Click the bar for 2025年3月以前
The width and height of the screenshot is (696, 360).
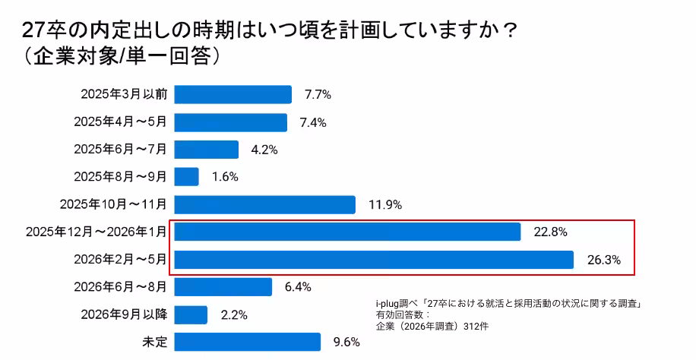tap(233, 94)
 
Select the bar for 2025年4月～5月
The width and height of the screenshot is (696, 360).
tap(231, 122)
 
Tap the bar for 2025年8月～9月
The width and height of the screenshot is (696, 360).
tap(187, 177)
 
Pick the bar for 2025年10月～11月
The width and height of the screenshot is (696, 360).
tap(265, 204)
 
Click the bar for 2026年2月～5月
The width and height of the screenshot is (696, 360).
tap(374, 260)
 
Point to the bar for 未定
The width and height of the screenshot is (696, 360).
tap(248, 342)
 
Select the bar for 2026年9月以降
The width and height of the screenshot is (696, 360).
tap(191, 314)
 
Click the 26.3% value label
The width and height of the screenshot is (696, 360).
tap(604, 260)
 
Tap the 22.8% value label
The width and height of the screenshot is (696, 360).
tap(550, 232)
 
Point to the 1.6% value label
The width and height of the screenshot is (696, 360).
tap(225, 177)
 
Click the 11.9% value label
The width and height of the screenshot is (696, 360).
tap(384, 204)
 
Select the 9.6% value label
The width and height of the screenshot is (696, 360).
tap(346, 342)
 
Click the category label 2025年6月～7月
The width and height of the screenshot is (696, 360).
tap(120, 150)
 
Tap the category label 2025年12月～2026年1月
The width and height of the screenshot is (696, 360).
tap(94, 232)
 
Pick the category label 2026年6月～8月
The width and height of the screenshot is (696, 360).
tap(120, 287)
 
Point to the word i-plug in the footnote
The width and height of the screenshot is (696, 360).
tap(388, 303)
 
